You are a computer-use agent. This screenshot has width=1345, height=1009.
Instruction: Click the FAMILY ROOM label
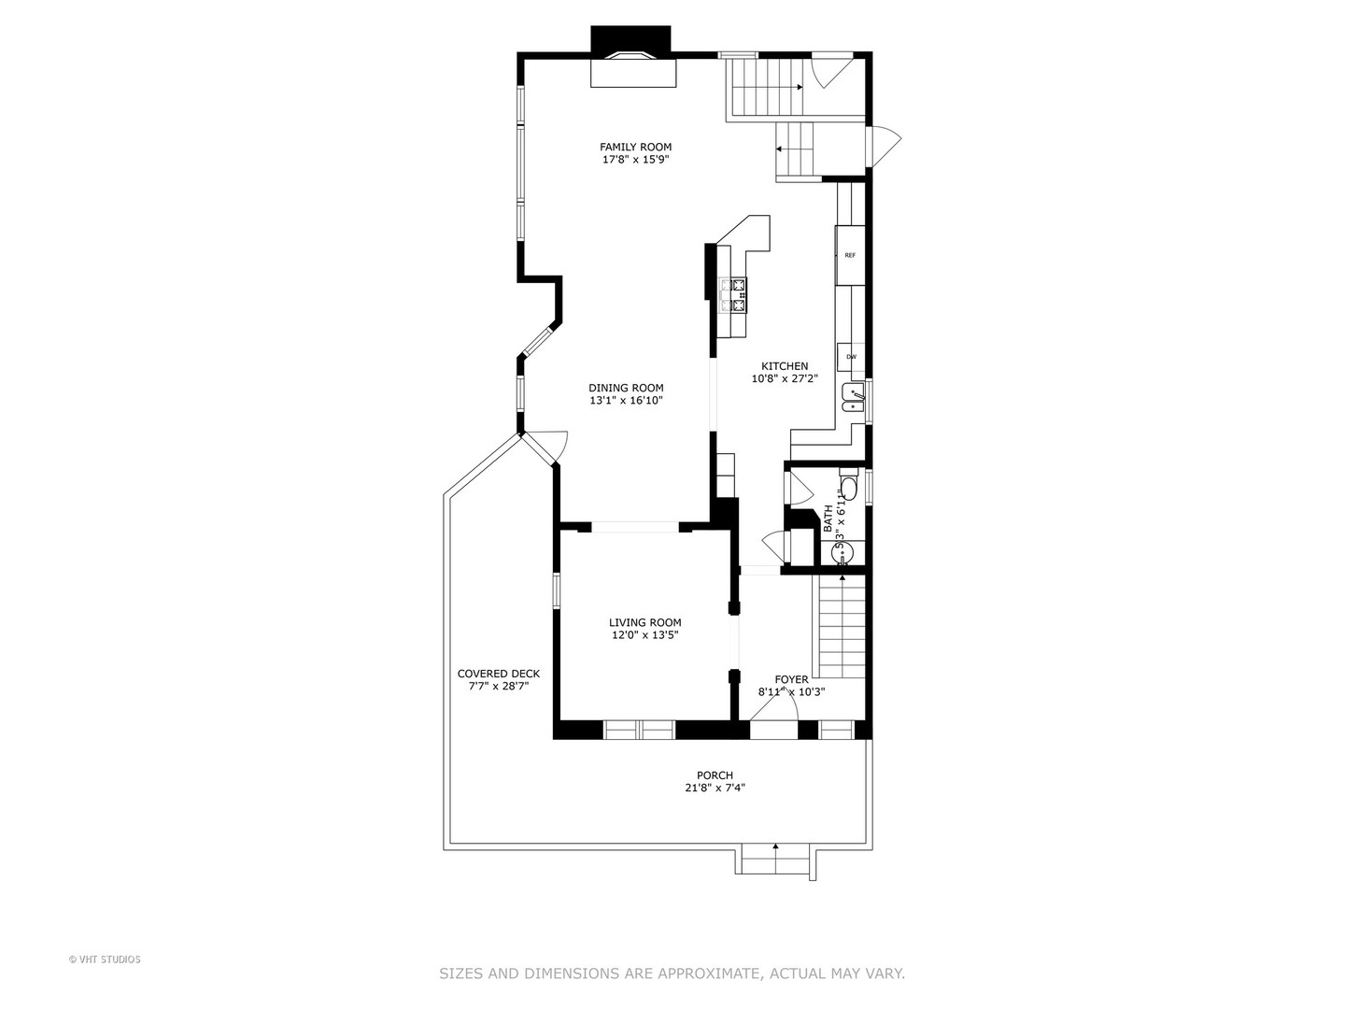[x=635, y=147]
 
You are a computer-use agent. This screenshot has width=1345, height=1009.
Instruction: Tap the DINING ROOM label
[x=626, y=388]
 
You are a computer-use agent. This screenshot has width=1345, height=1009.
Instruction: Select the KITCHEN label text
[x=785, y=366]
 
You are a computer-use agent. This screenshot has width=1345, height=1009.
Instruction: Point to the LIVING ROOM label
[x=644, y=622]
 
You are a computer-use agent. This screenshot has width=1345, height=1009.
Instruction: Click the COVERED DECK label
[x=498, y=674]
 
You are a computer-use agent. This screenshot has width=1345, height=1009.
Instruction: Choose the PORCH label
[x=715, y=775]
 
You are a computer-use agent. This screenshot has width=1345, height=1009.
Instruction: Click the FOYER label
[x=791, y=679]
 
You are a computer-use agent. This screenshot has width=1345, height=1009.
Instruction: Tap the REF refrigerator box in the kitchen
[x=850, y=255]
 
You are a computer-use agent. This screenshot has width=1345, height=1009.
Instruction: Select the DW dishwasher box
[x=851, y=357]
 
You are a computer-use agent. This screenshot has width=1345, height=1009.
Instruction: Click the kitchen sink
[x=854, y=397]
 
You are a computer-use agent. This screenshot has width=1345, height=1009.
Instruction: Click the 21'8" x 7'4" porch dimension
[x=715, y=788]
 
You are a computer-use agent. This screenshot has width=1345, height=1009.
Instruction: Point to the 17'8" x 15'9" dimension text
[x=635, y=160]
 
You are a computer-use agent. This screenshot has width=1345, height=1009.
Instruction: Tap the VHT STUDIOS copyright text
[x=105, y=959]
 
